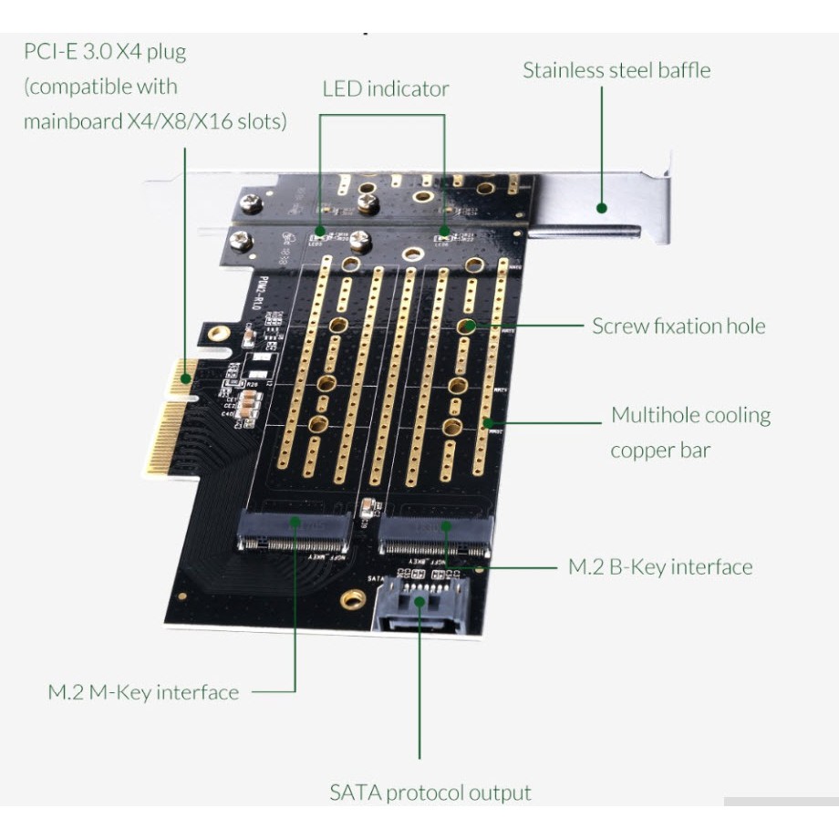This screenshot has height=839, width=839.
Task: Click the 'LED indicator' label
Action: click(385, 88)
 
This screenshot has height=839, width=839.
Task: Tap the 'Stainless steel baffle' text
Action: click(616, 70)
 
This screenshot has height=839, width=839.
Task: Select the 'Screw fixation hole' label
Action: click(678, 326)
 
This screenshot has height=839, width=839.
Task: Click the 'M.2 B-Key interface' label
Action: click(660, 566)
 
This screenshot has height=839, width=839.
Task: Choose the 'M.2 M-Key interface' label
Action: click(143, 692)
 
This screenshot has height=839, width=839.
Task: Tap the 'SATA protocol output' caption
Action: click(430, 792)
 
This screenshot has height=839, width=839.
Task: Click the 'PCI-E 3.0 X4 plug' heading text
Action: click(105, 51)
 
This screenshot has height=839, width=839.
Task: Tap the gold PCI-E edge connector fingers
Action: click(170, 424)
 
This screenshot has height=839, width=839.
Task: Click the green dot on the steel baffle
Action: click(602, 208)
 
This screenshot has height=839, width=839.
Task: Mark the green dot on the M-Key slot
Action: click(295, 522)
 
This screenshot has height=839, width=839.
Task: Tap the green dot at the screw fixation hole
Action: click(466, 326)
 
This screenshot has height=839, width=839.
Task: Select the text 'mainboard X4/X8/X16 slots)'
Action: click(155, 120)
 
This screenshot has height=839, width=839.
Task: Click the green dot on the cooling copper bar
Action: click(487, 422)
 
